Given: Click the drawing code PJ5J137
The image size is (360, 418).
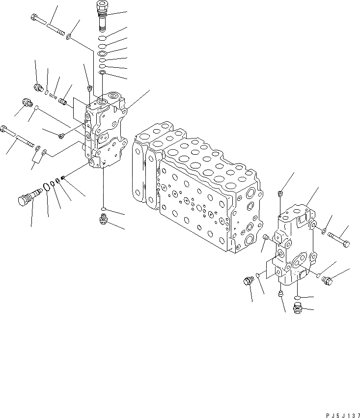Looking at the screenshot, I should click(338, 414).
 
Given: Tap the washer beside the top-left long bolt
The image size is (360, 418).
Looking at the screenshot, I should click(71, 36).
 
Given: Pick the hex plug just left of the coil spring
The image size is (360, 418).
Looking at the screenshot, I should click(37, 88).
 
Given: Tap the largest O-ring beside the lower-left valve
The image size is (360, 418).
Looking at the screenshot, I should click(47, 187).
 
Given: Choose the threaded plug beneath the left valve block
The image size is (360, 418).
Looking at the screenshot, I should click(104, 219).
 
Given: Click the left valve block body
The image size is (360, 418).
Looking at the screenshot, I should click(106, 133).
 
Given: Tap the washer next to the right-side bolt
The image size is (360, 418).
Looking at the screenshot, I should click(325, 231).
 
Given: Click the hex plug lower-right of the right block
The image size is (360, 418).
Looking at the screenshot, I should click(327, 280).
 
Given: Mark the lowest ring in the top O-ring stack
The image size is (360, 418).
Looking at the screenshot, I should click(102, 73).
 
